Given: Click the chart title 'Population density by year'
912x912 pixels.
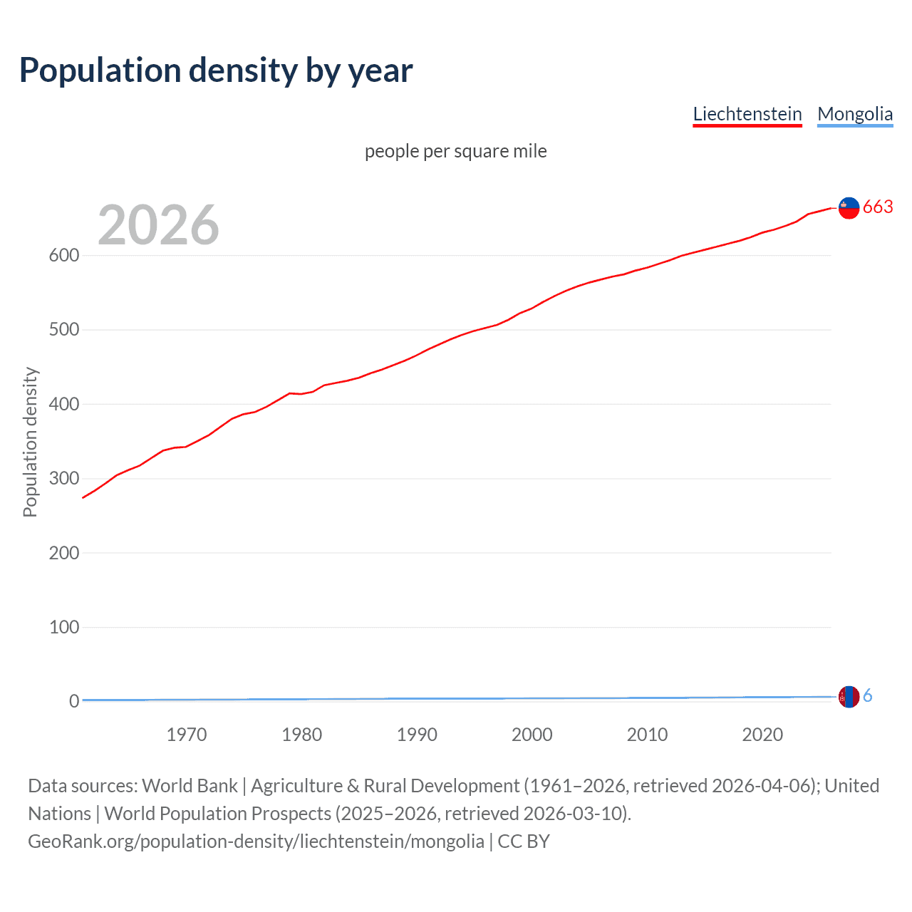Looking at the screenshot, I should point(216,71).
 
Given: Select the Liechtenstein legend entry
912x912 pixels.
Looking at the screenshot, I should point(747,114).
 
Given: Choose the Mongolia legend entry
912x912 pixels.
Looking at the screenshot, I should point(854,114).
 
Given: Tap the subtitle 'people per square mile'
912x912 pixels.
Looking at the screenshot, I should point(455,152).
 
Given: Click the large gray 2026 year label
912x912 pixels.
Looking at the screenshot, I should point(158,225).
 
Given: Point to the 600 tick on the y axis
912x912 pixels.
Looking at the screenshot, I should point(63,255).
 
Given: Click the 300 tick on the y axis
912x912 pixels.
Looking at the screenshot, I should point(63,478).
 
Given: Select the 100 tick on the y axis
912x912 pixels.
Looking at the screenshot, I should point(63,627).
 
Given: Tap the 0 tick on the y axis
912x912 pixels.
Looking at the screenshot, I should point(73,701).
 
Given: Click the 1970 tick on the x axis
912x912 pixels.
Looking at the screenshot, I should point(187,735).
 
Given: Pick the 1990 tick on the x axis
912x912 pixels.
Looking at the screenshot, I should point(417,735).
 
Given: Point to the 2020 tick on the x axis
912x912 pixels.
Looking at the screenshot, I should point(762,735).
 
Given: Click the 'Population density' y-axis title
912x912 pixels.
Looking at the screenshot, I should point(30,442).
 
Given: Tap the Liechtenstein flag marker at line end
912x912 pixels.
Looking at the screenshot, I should point(849,208).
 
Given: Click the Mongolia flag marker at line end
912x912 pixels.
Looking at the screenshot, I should point(849,697).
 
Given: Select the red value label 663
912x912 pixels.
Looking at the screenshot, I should point(878,207).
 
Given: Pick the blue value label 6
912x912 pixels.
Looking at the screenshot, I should point(867,696).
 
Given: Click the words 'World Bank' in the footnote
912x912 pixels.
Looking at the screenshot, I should point(190,786).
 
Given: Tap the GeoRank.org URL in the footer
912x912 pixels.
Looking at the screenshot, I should point(256,841).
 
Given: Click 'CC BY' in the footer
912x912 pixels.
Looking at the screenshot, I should point(524,841).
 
